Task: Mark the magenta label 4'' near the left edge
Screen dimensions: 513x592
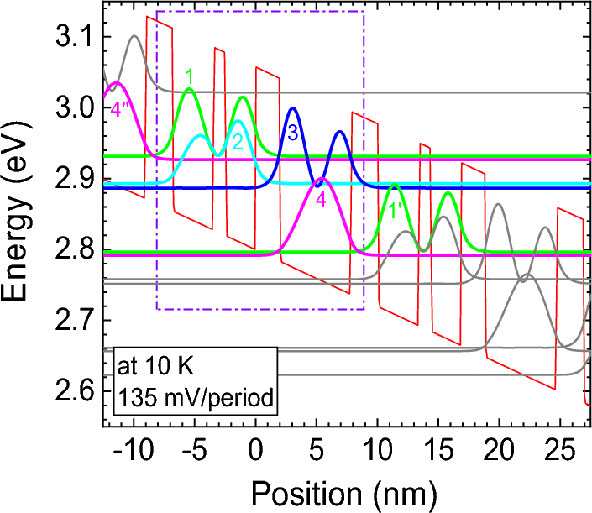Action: pyautogui.click(x=123, y=109)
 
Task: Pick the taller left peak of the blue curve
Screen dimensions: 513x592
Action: pyautogui.click(x=292, y=108)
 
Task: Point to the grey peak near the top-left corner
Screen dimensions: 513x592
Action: pyautogui.click(x=134, y=36)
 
